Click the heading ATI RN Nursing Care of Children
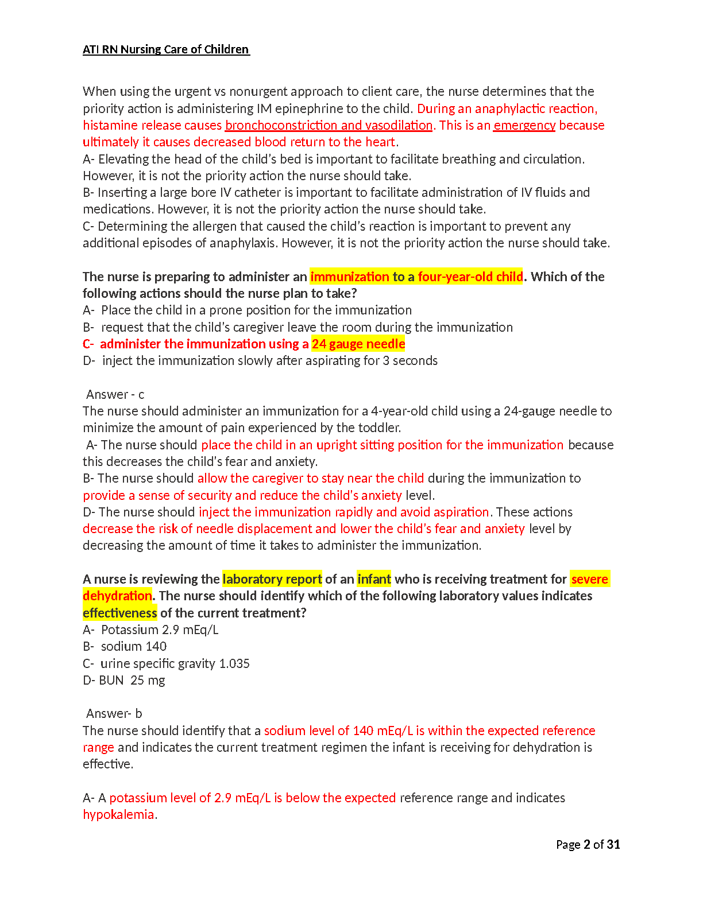166,49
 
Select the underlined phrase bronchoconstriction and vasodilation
329,125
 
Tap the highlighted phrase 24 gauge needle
358,344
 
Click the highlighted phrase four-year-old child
470,277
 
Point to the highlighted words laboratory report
272,579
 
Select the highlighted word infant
374,579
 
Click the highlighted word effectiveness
119,613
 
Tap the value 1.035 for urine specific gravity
234,663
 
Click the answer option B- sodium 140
125,646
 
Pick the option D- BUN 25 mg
124,680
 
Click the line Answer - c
115,394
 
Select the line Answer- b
114,713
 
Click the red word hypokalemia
118,814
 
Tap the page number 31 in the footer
613,844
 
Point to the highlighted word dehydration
117,596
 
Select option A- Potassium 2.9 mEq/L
150,630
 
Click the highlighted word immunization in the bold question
350,277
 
